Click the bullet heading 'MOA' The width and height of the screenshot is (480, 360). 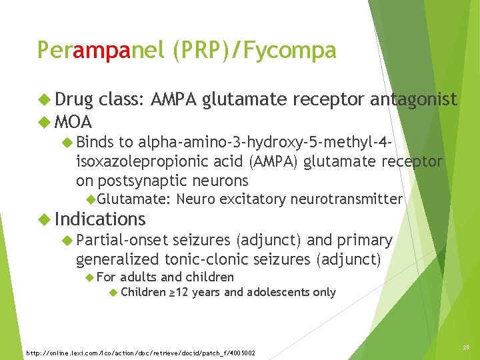pos(73,123)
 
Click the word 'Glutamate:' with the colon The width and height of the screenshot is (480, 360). pos(135,199)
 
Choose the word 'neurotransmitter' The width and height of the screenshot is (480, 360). pos(347,199)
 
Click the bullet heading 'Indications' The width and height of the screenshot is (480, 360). pos(100,219)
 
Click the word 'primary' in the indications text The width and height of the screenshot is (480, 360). pos(365,240)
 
